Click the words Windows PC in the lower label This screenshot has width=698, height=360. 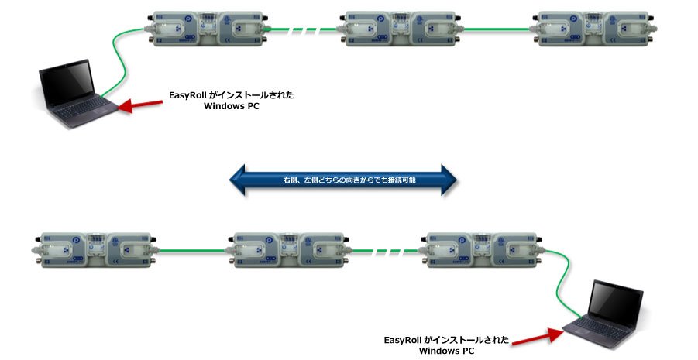(x=446, y=351)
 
